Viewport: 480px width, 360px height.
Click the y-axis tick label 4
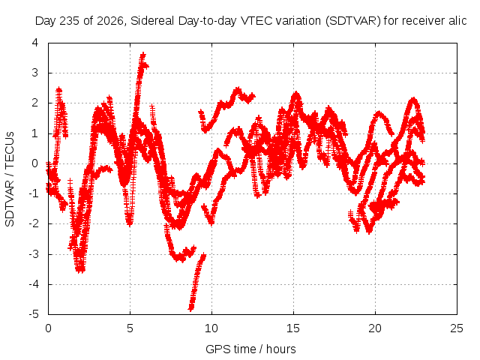(35, 43)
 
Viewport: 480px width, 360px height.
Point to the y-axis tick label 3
(35, 73)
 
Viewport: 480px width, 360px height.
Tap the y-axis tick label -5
(34, 314)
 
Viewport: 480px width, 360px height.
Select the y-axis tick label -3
(34, 254)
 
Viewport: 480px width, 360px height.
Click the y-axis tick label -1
(34, 193)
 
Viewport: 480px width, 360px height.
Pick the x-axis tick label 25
(457, 328)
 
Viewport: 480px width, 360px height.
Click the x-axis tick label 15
(293, 328)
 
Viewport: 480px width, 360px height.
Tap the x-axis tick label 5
(130, 328)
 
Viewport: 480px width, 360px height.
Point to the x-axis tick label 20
(375, 328)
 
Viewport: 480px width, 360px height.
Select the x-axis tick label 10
(211, 328)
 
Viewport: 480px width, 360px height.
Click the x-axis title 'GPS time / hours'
(250, 349)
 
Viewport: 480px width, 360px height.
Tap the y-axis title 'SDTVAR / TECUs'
(10, 179)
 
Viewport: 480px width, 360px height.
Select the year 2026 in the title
(110, 21)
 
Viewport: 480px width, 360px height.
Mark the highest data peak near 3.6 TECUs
(143, 55)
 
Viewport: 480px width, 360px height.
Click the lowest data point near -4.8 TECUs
(190, 308)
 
